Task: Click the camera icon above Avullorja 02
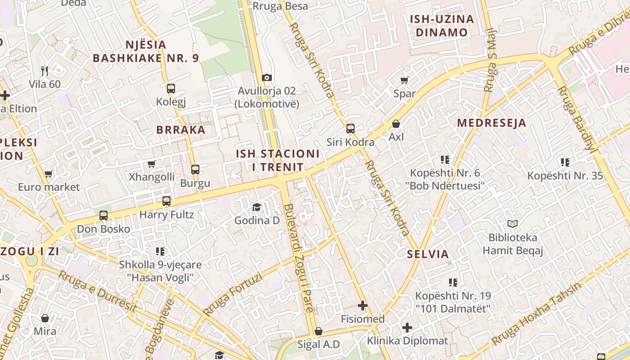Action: click(267, 77)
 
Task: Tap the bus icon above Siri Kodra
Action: click(351, 129)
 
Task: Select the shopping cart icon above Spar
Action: click(404, 80)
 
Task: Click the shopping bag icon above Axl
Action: click(396, 123)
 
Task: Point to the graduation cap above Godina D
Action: click(256, 207)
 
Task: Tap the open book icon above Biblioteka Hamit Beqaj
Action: click(513, 224)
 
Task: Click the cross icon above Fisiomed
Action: click(363, 306)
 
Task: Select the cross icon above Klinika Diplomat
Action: click(407, 327)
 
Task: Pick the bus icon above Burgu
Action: click(195, 170)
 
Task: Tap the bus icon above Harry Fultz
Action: click(166, 201)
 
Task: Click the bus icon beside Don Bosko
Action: click(103, 216)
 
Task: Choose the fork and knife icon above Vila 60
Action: click(45, 71)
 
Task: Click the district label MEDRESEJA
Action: click(491, 123)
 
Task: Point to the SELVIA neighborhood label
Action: click(428, 254)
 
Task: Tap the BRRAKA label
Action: click(180, 130)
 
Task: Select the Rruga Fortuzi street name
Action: click(232, 295)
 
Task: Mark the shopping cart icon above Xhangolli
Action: click(152, 164)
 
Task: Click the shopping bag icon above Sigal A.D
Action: click(319, 332)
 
